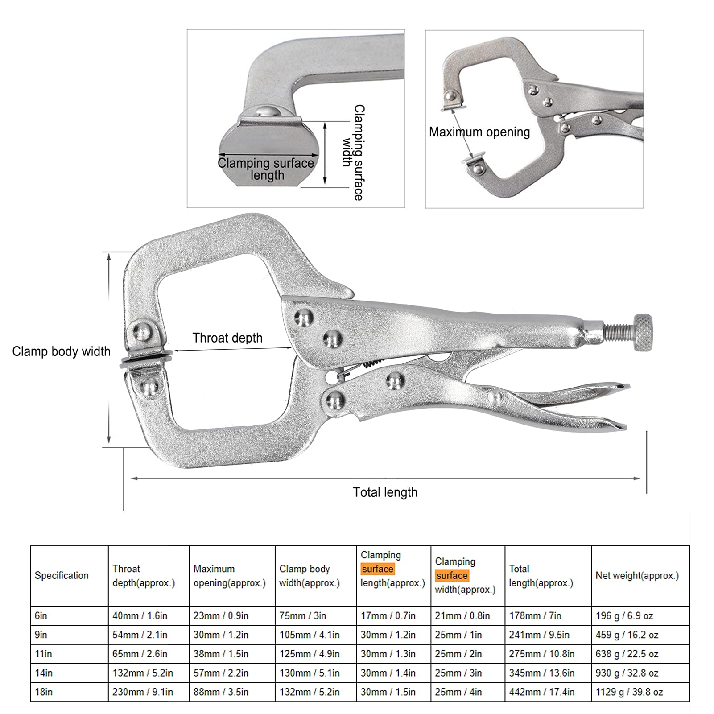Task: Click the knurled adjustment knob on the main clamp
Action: tap(643, 333)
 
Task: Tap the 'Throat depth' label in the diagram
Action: tap(227, 338)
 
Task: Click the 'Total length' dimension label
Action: tap(385, 492)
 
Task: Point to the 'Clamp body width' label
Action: tap(61, 351)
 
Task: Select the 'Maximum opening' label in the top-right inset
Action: tap(479, 132)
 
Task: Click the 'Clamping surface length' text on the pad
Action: tap(266, 169)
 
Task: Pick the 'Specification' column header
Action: tap(62, 575)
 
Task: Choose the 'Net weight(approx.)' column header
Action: tap(637, 575)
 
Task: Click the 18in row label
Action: tap(44, 692)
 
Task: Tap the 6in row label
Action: tap(41, 615)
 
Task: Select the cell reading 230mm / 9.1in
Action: tap(143, 692)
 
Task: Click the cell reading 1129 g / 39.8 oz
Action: tap(629, 692)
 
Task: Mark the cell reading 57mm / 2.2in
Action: tap(221, 673)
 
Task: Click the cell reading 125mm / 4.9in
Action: tap(310, 654)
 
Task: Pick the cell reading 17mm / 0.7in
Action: tap(388, 615)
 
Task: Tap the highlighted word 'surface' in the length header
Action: tap(378, 569)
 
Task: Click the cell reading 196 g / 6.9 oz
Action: tap(624, 615)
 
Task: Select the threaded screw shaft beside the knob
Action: tap(618, 332)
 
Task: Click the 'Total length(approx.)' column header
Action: tap(541, 575)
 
